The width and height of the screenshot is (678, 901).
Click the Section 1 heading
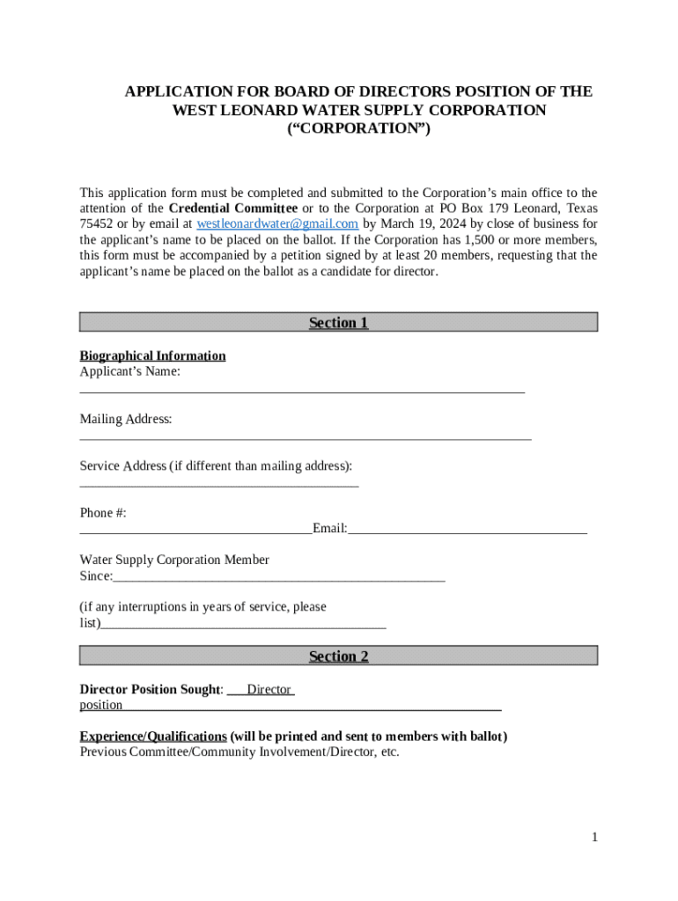[x=338, y=323]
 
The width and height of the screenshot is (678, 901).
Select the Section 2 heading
[x=338, y=656]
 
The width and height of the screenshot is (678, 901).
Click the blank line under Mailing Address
[x=306, y=435]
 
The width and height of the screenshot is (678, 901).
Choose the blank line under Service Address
[x=219, y=482]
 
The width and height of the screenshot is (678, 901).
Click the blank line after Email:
[x=468, y=530]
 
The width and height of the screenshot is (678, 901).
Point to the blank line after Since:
[x=279, y=577]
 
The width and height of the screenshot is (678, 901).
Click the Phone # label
[x=103, y=513]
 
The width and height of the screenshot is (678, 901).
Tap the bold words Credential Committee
[x=232, y=209]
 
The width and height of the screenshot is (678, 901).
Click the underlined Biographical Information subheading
[x=152, y=355]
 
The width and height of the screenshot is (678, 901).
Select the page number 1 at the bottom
[x=594, y=837]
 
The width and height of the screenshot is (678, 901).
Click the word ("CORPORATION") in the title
[x=358, y=129]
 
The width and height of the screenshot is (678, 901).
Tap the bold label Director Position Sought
[x=151, y=689]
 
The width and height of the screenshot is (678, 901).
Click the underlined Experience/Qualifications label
[x=153, y=736]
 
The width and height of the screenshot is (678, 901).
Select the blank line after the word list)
[x=244, y=625]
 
